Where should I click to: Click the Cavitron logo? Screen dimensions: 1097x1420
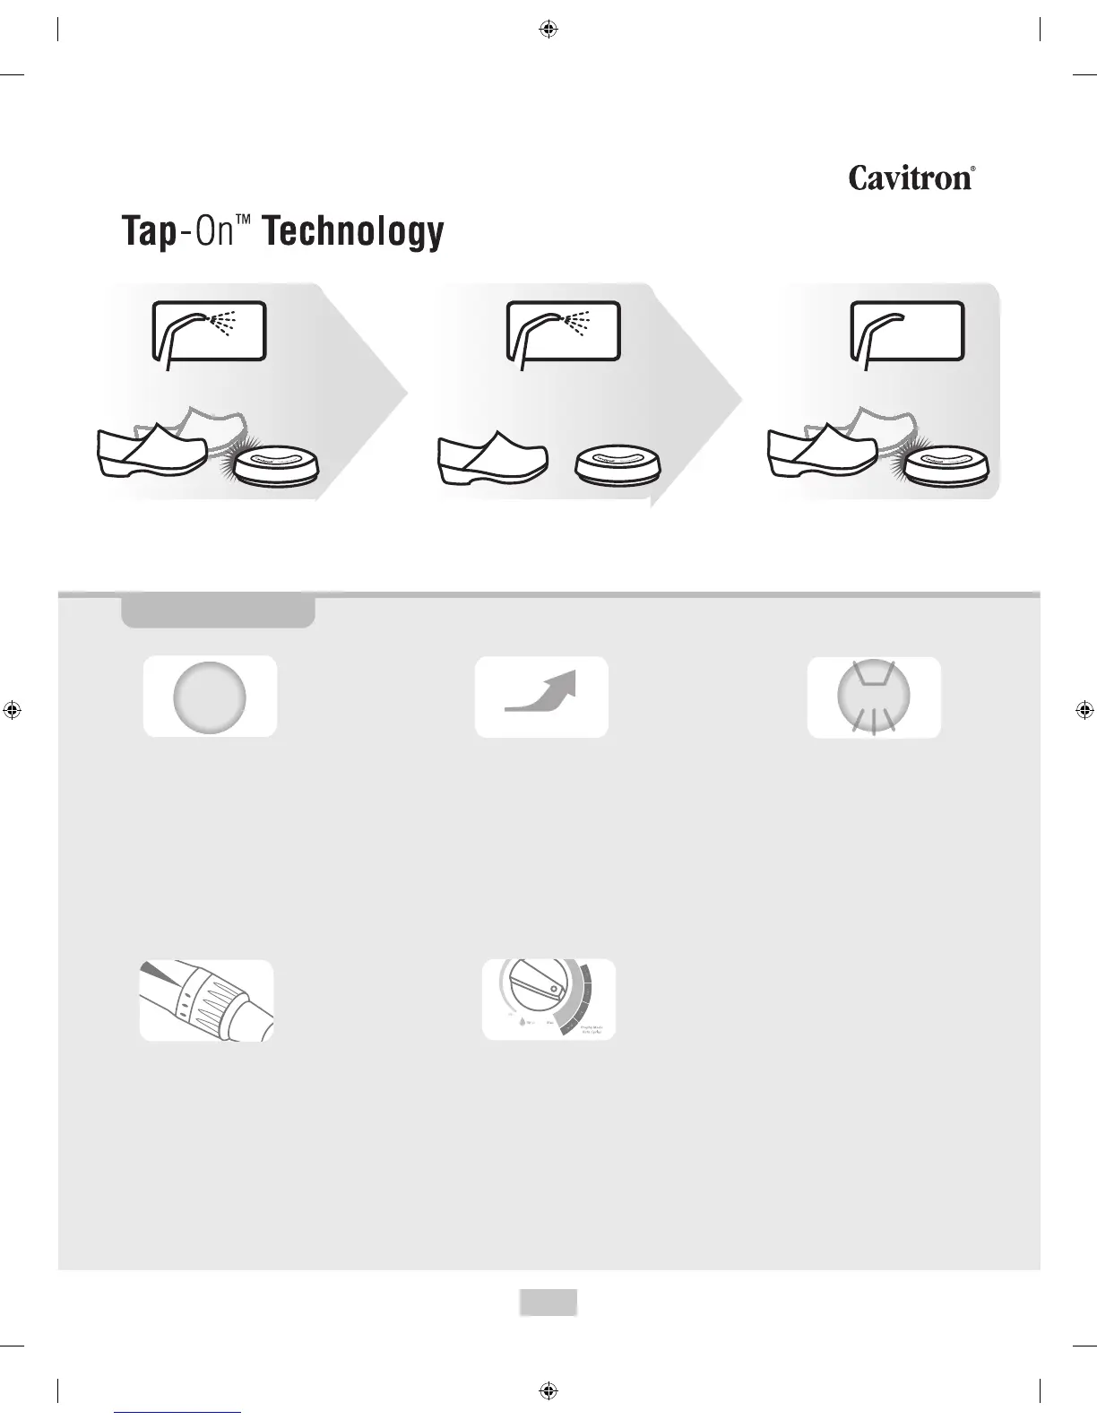click(911, 177)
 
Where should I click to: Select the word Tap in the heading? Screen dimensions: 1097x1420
click(147, 233)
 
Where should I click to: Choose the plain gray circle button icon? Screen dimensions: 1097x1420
click(209, 697)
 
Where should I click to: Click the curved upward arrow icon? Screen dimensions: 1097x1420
click(541, 697)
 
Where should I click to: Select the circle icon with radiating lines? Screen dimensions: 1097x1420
click(874, 697)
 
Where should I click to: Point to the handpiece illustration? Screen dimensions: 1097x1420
click(206, 1000)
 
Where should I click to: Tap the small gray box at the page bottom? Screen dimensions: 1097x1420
click(548, 1303)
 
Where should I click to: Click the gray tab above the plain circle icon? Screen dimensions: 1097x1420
click(218, 613)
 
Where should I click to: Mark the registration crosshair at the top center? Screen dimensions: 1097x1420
click(548, 30)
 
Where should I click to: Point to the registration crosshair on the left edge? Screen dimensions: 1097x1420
click(13, 710)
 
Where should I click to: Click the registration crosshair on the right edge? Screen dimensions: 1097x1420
click(1084, 710)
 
